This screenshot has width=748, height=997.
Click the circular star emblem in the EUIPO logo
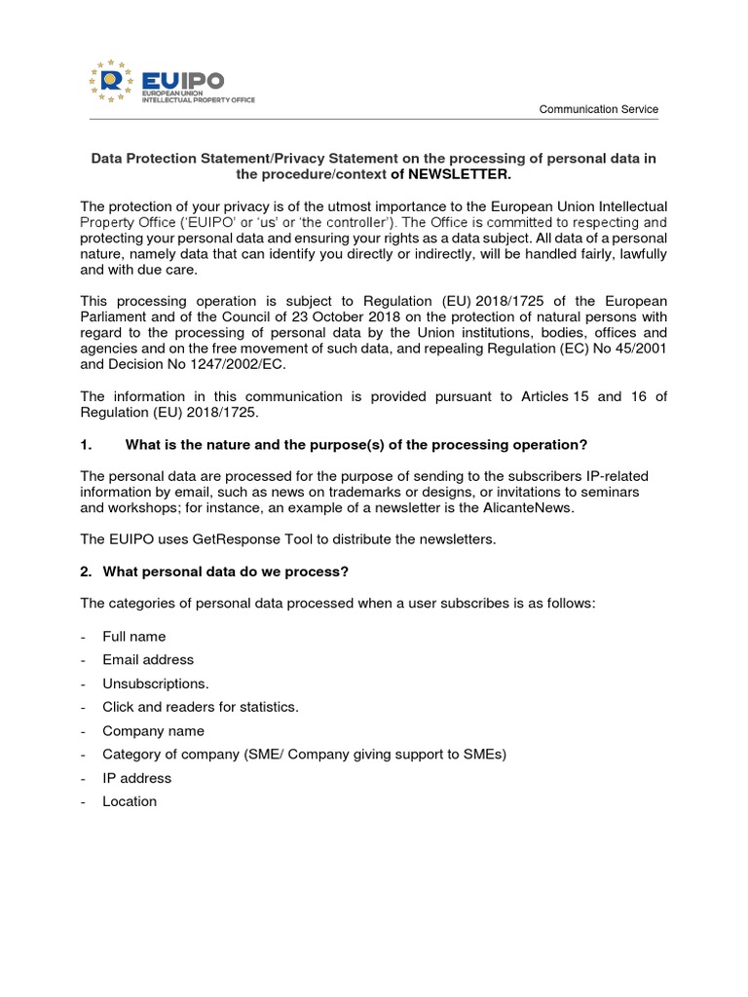pos(111,80)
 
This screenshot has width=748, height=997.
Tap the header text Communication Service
pos(599,110)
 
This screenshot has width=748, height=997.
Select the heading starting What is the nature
pos(356,445)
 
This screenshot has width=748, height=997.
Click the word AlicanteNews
pos(535,507)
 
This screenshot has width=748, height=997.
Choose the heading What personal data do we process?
pos(214,572)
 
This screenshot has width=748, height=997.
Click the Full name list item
pos(133,636)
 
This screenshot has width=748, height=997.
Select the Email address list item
pos(147,660)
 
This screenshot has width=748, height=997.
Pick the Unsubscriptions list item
pos(155,683)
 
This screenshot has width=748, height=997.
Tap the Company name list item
pos(153,730)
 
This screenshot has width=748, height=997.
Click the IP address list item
pos(136,778)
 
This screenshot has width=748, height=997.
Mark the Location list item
pos(129,801)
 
